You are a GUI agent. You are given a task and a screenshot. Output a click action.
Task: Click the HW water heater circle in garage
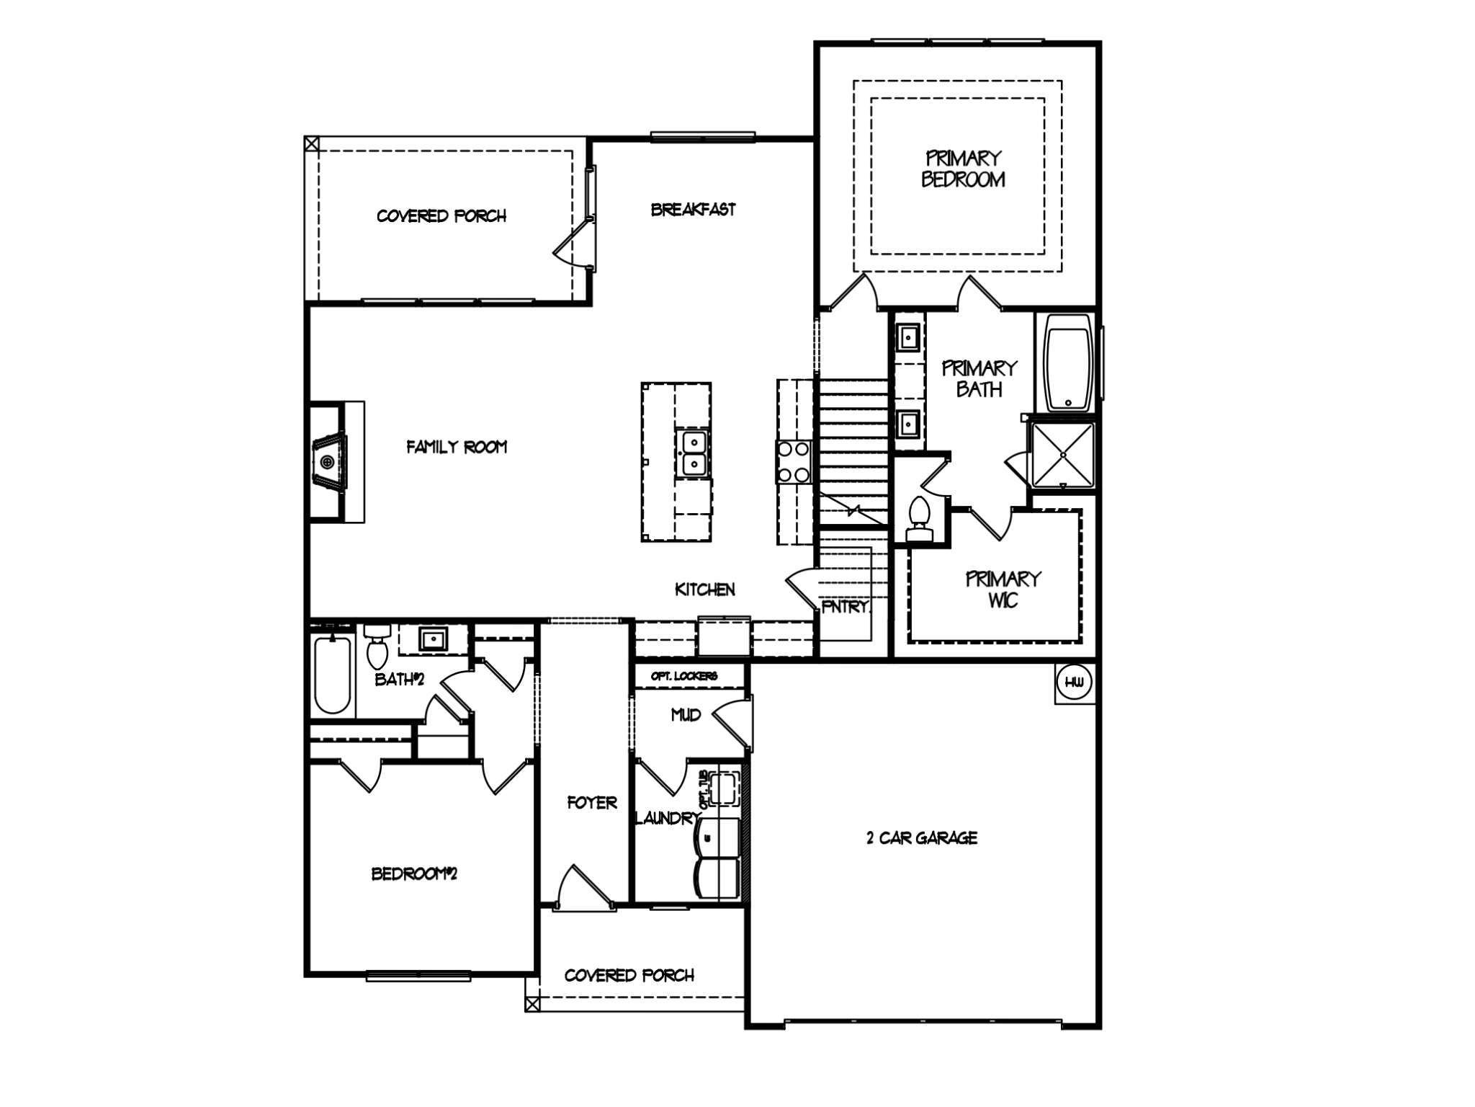(1074, 683)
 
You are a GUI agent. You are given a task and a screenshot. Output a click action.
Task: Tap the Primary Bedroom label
(963, 169)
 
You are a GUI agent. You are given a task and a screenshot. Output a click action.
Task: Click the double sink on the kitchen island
(694, 453)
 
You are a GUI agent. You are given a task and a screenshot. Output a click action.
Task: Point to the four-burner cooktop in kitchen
(793, 461)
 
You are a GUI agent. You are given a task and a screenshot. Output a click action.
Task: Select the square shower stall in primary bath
(1063, 455)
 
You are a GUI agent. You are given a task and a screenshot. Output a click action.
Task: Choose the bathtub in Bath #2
(333, 673)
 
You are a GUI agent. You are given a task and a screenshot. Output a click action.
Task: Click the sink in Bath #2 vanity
(433, 639)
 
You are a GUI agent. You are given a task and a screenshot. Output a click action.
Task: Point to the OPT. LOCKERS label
(683, 676)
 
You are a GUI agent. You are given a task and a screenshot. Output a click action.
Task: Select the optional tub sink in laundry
(724, 788)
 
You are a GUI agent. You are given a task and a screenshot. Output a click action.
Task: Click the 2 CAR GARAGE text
(921, 837)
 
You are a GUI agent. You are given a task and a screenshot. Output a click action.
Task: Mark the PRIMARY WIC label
(1003, 589)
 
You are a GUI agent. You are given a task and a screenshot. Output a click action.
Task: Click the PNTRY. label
(845, 607)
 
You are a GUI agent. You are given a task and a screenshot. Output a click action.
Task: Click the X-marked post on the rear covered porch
(311, 143)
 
